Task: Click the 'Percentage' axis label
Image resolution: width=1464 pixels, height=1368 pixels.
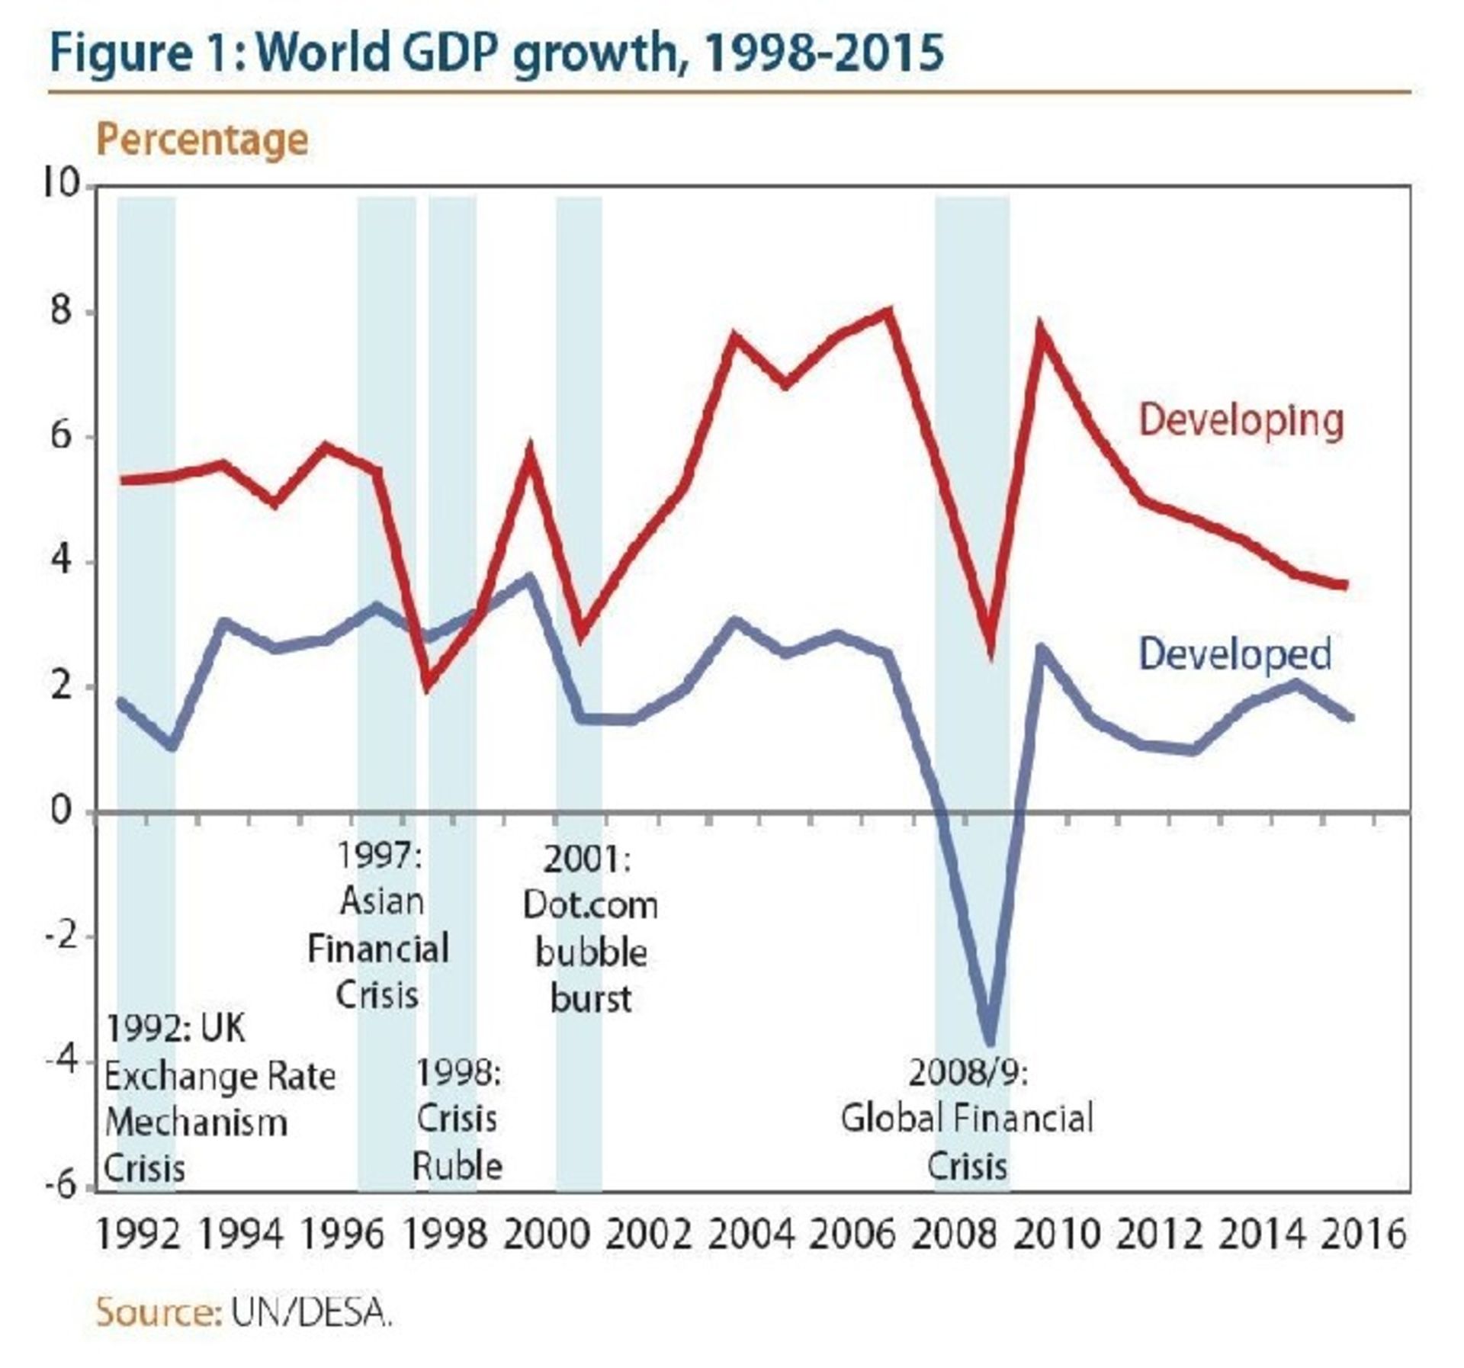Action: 202,140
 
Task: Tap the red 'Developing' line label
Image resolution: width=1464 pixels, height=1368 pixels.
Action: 1241,420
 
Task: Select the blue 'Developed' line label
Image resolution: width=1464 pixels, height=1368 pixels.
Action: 1234,654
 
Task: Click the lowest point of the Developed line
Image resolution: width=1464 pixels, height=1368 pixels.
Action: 990,1042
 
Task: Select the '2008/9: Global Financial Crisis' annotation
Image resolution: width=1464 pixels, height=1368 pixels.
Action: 968,1119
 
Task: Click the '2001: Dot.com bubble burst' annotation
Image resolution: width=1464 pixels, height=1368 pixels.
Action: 591,929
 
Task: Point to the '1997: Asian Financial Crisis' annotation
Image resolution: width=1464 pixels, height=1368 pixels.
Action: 379,925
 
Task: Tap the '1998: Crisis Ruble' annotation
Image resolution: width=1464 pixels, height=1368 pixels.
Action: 457,1119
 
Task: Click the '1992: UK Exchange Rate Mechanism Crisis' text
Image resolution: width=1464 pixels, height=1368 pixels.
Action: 220,1099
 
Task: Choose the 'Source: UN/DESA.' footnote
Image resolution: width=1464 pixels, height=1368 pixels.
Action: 244,1313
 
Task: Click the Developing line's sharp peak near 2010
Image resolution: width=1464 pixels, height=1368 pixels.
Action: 1040,329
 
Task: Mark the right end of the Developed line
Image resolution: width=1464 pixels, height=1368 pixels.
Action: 1350,718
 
